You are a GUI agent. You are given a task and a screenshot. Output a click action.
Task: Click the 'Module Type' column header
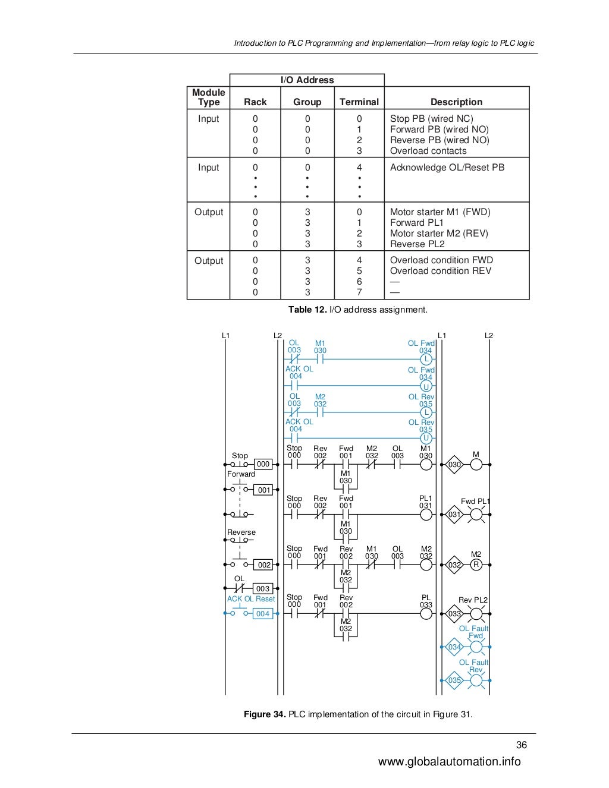[208, 97]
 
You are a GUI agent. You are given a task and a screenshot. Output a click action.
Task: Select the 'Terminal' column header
[359, 102]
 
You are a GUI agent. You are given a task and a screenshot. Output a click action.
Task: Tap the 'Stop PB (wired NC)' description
[431, 119]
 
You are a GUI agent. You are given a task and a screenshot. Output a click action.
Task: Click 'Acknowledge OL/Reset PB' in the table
[447, 168]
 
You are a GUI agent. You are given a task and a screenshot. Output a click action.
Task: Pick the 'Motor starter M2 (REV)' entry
[438, 234]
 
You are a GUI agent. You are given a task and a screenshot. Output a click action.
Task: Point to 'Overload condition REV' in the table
[440, 271]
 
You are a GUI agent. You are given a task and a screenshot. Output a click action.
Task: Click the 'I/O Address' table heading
[307, 80]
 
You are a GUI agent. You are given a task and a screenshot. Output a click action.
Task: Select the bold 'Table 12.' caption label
[307, 310]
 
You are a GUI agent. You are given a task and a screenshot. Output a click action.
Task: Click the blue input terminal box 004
[263, 614]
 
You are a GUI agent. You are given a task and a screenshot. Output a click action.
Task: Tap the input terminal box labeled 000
[263, 464]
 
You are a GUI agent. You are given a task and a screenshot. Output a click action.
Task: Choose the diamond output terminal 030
[454, 465]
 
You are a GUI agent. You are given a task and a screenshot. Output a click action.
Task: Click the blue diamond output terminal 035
[454, 680]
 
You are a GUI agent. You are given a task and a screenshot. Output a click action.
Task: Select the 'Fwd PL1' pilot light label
[475, 502]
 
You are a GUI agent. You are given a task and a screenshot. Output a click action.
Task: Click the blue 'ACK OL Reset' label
[250, 599]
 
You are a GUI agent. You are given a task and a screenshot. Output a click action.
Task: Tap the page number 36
[521, 745]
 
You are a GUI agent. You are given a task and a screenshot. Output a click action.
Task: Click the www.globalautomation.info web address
[449, 762]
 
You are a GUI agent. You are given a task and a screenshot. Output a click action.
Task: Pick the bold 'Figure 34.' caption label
[265, 714]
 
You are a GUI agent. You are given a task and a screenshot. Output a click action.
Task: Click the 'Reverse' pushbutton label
[241, 532]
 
